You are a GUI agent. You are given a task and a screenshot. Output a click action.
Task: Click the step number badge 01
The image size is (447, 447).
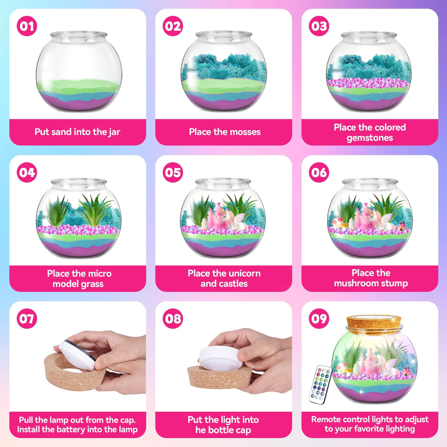[27, 26]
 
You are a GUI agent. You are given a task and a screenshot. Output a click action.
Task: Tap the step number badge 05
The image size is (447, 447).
[173, 172]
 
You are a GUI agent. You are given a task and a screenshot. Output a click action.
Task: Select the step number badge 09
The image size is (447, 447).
[319, 318]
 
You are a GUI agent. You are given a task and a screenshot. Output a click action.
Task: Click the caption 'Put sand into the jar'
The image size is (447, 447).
[77, 132]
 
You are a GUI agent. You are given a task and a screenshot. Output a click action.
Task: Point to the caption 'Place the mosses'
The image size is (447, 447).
[225, 132]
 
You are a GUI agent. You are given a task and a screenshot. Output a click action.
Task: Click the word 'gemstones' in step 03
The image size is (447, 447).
[370, 138]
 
